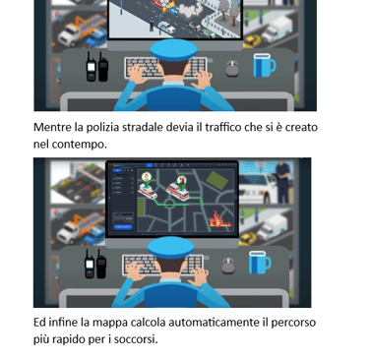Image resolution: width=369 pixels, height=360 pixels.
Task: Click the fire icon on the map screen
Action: click(219, 219)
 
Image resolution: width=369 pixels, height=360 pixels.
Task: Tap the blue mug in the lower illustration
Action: click(260, 263)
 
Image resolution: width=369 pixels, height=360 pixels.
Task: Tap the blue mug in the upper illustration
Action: click(264, 65)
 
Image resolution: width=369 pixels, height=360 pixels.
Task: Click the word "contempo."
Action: click(80, 145)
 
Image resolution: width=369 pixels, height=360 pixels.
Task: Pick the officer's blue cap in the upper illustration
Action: click(173, 50)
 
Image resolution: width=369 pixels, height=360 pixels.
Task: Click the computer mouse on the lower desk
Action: click(228, 266)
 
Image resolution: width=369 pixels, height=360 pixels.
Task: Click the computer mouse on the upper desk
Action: click(232, 68)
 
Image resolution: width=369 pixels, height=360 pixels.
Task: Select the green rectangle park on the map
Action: click(216, 180)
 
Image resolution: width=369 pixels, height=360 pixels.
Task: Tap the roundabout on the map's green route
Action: click(169, 204)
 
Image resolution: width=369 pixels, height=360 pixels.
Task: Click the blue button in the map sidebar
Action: click(123, 227)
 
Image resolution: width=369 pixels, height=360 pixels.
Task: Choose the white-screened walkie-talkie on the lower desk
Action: click(90, 264)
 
